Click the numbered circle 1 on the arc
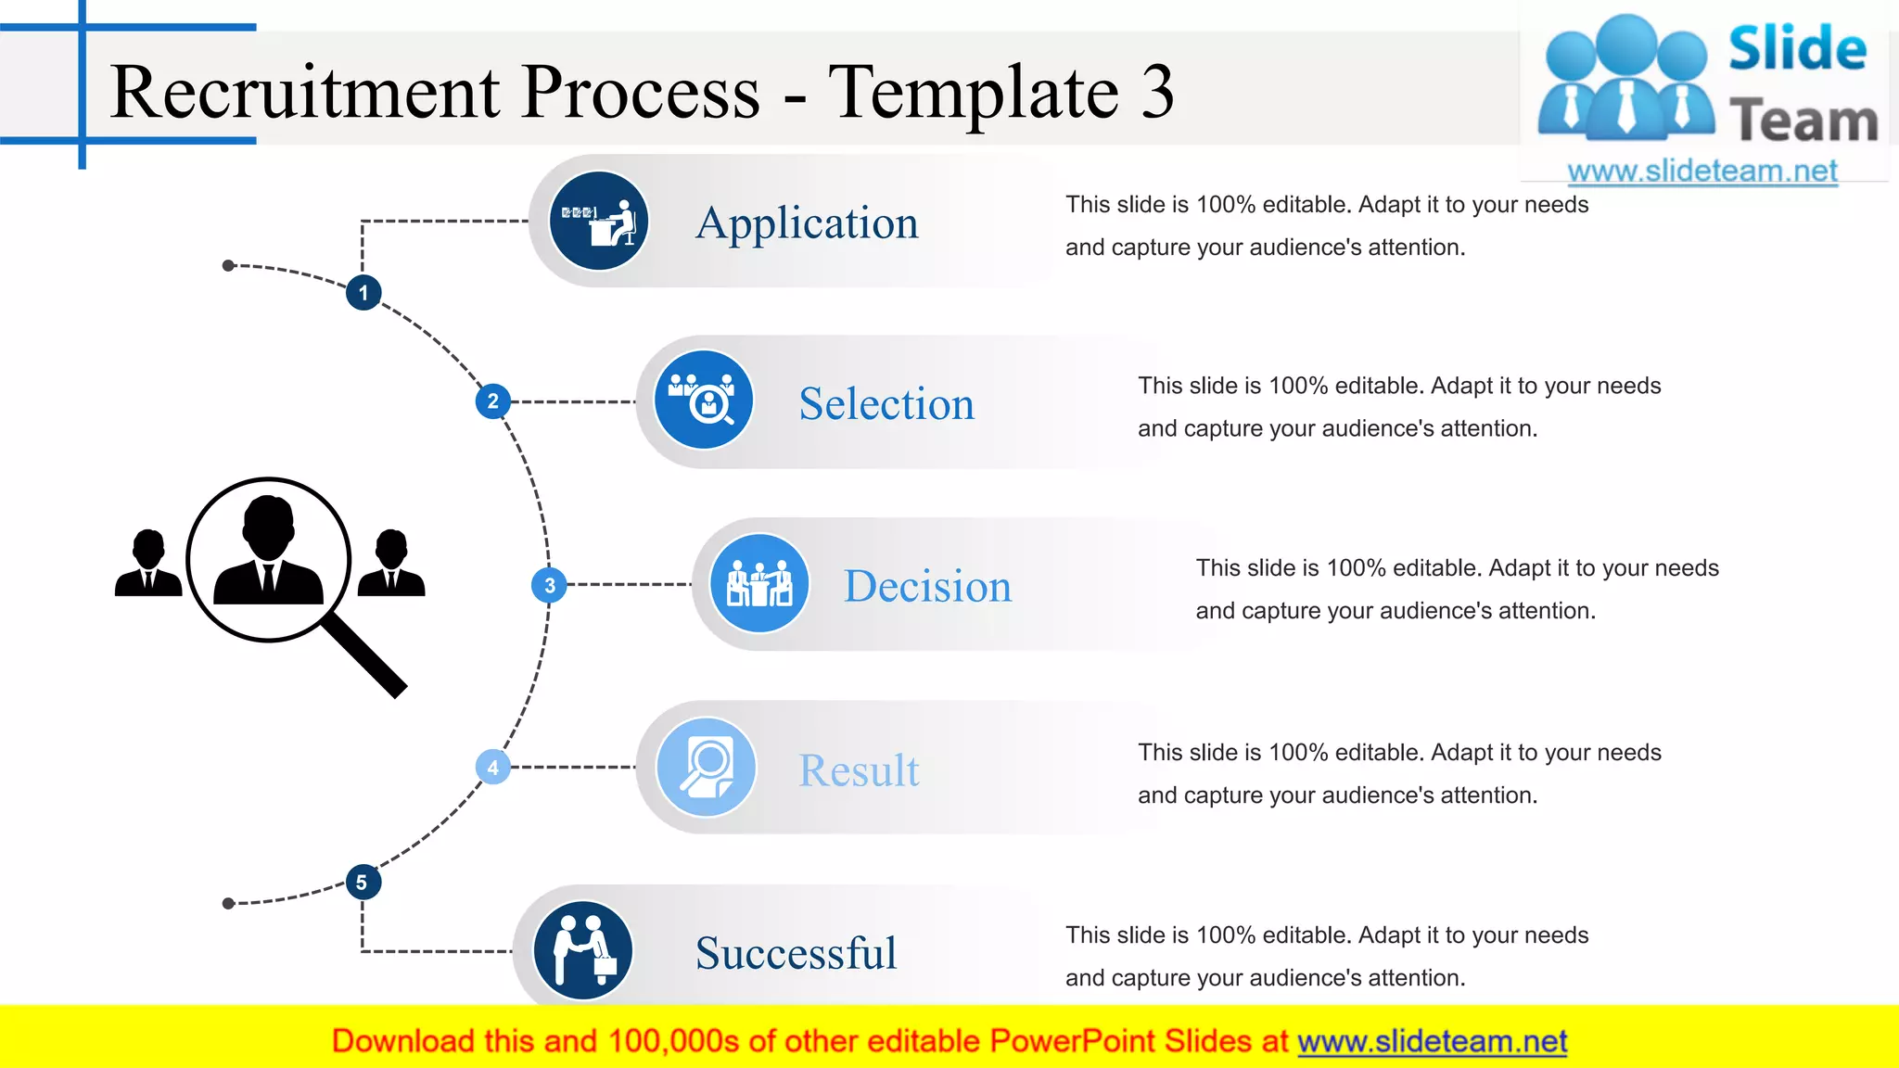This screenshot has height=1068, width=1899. (x=363, y=293)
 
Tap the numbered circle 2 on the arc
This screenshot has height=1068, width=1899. (x=492, y=401)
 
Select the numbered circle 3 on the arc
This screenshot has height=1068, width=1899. (x=549, y=585)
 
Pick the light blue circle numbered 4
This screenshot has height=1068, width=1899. (x=492, y=768)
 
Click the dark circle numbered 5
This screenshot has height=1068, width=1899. (x=362, y=883)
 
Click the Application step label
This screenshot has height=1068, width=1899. (x=807, y=223)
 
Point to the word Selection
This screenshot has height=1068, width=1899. (x=886, y=404)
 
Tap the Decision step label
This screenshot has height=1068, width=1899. (x=927, y=587)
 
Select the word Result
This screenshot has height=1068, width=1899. (x=859, y=770)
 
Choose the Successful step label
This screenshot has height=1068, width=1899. (x=796, y=953)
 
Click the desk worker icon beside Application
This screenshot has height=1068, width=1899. (x=599, y=222)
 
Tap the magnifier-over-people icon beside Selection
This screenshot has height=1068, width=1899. (x=703, y=400)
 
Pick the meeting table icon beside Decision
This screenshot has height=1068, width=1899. (x=759, y=584)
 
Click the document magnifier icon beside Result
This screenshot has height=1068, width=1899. (x=706, y=767)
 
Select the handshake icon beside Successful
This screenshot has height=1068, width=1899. (x=583, y=950)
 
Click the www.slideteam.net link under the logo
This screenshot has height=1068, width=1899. (x=1701, y=171)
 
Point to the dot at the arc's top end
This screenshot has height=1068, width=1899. (x=228, y=266)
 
